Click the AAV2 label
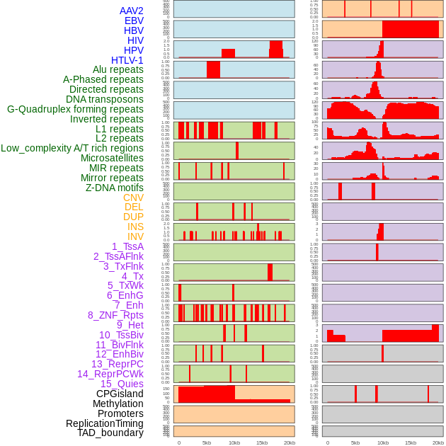point(131,11)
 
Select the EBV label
point(134,21)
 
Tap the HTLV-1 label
point(127,60)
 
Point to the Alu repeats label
point(118,69)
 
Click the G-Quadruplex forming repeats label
point(75,109)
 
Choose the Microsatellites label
point(112,158)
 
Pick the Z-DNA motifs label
point(115,188)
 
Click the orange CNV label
point(133,198)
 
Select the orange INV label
point(135,236)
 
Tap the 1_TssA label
point(127,246)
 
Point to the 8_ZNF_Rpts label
point(115,315)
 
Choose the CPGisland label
point(120,394)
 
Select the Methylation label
point(118,404)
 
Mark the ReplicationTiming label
point(104,423)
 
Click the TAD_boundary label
point(110,433)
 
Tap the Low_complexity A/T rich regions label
point(72,148)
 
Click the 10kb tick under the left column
point(234,442)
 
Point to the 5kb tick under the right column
point(355,442)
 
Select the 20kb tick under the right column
point(438,442)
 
